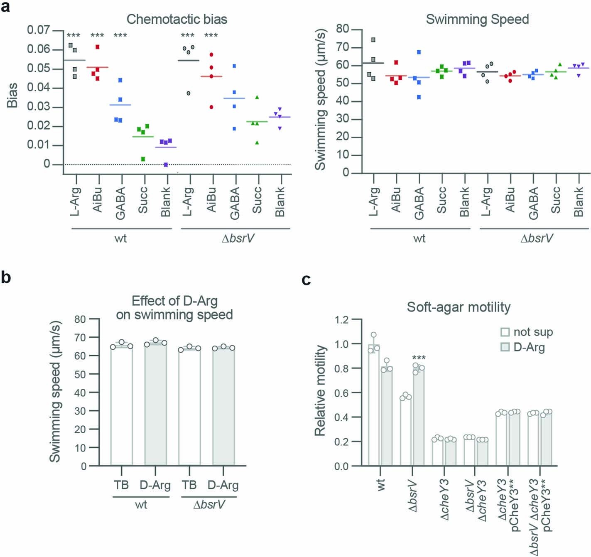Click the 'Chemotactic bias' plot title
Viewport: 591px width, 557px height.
[x=177, y=19]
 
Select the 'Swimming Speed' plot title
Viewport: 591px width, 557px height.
[x=477, y=19]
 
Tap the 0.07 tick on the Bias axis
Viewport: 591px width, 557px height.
[x=38, y=30]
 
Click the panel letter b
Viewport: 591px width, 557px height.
[x=6, y=277]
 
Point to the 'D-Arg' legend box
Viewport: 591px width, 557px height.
[x=505, y=347]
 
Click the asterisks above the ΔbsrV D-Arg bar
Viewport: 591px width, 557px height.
[x=419, y=358]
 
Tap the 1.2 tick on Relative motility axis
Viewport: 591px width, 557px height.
[x=343, y=319]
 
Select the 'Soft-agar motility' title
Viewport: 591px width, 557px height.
[x=459, y=307]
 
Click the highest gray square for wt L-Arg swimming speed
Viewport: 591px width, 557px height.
[x=373, y=40]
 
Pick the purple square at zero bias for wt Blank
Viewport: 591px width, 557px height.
[x=166, y=165]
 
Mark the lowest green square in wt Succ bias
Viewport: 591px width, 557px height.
[x=143, y=159]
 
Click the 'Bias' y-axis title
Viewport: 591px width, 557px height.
[x=13, y=95]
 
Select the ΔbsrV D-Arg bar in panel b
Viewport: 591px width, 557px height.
[x=223, y=407]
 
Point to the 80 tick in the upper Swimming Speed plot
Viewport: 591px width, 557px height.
[x=342, y=29]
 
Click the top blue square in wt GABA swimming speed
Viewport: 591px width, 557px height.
[x=419, y=52]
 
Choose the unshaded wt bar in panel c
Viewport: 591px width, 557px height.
[x=374, y=407]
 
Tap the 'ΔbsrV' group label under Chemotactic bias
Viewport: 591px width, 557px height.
[x=238, y=238]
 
